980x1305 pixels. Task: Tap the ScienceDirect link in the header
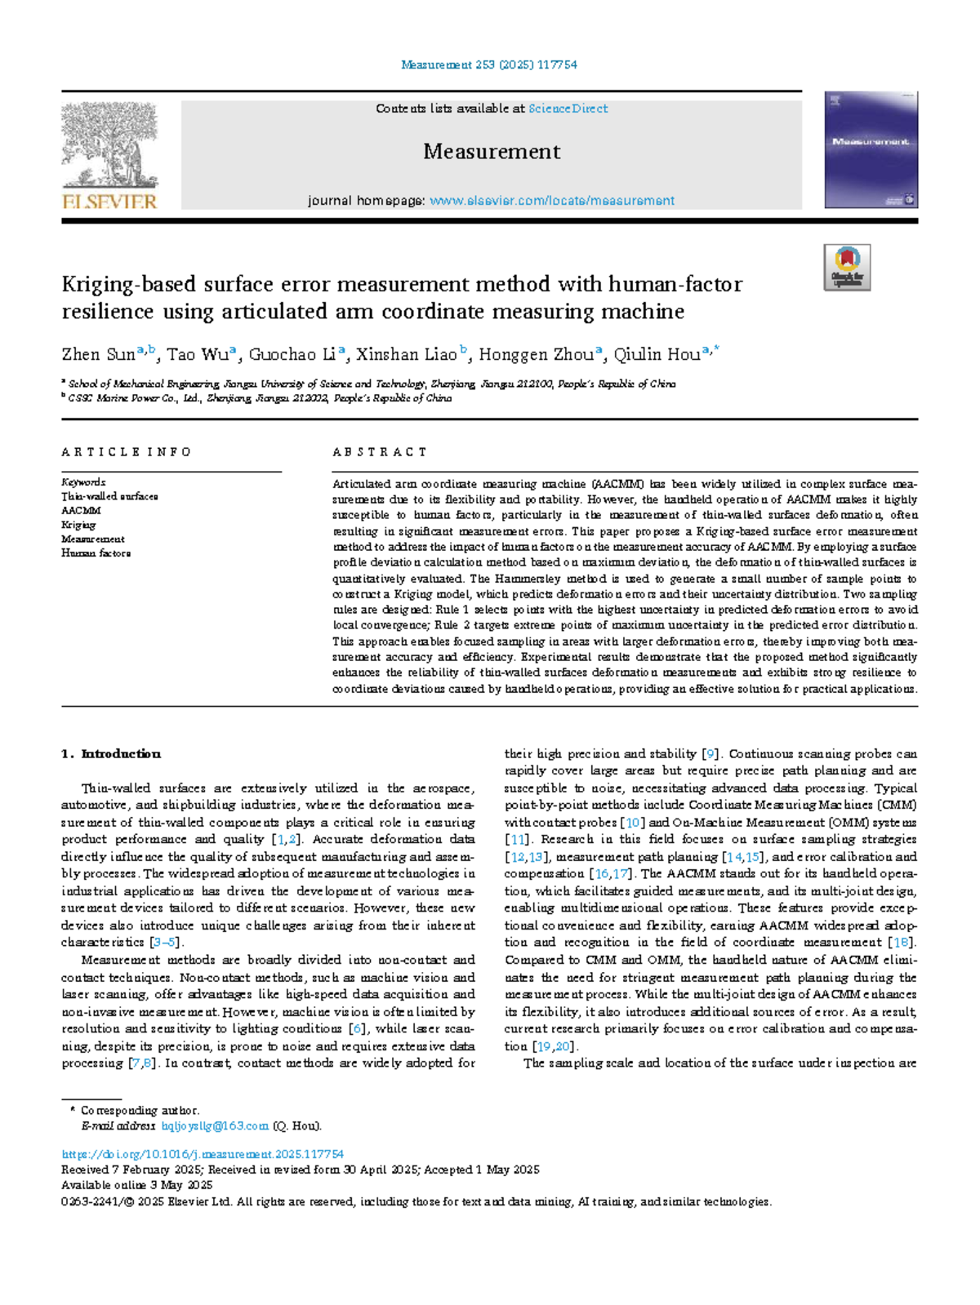pos(568,109)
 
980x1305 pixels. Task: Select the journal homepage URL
pos(551,201)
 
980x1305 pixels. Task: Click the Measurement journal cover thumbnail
pos(871,150)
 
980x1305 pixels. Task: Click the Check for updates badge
pos(847,268)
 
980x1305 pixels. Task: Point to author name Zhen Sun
pos(98,354)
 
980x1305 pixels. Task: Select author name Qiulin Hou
pos(657,354)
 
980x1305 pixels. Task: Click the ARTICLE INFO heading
pos(126,452)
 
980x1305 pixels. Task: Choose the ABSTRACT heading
pos(380,452)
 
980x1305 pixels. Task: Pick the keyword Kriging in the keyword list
pos(78,525)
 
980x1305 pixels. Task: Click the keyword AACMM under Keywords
pos(81,510)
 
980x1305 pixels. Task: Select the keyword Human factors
pos(96,553)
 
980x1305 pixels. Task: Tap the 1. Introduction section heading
pos(111,754)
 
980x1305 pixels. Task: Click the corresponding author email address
pos(215,1126)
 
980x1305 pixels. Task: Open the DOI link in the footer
pos(203,1154)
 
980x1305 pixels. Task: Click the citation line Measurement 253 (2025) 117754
pos(489,64)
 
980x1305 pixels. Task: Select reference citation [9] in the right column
pos(710,754)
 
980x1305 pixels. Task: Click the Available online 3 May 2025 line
pos(137,1185)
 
